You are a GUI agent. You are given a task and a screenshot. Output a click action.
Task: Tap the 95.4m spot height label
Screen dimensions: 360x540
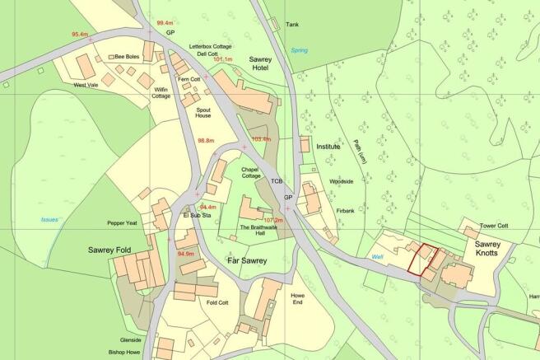click(80, 35)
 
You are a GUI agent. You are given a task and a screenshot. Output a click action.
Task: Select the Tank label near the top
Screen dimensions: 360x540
click(292, 25)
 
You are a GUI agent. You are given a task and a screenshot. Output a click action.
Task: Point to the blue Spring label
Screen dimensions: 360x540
click(299, 50)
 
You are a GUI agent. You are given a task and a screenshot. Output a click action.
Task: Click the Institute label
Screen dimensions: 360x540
click(328, 147)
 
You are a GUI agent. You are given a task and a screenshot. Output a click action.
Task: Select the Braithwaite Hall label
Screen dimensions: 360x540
click(262, 231)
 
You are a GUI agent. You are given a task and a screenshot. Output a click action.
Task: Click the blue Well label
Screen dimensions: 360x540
click(378, 257)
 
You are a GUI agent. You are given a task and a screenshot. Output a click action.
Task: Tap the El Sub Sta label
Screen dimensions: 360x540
click(198, 216)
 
